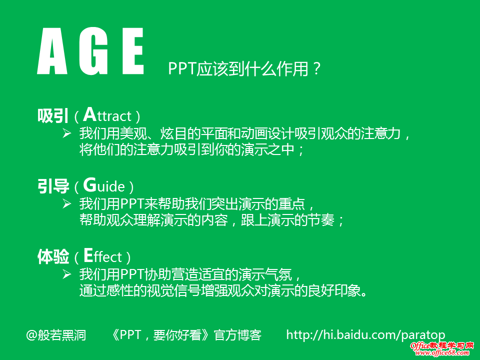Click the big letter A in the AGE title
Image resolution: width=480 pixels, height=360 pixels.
coord(52,51)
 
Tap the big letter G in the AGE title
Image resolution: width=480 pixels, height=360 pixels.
coord(93,51)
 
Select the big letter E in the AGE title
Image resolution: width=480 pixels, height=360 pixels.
coord(133,51)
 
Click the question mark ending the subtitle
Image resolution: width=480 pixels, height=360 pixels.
coord(317,68)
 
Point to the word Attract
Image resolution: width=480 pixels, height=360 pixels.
coord(107,115)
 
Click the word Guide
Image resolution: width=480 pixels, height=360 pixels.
coord(104,185)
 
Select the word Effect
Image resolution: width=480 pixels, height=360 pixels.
coord(103,256)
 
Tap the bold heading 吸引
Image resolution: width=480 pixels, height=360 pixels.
coord(52,116)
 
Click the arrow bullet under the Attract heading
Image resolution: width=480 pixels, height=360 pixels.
coord(66,133)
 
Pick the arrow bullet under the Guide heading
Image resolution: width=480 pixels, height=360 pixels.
coord(66,203)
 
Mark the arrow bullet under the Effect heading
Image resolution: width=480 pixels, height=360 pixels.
coord(66,274)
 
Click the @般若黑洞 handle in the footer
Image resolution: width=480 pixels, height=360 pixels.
coord(56,335)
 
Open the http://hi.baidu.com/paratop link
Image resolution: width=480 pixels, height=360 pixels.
coord(365,335)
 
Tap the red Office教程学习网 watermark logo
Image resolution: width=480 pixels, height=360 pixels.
coord(442,346)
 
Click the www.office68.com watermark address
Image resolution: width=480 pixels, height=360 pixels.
coord(442,353)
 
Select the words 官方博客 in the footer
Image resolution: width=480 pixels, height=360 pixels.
coord(237,335)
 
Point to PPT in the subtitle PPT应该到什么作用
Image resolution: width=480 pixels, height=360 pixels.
coord(182,68)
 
